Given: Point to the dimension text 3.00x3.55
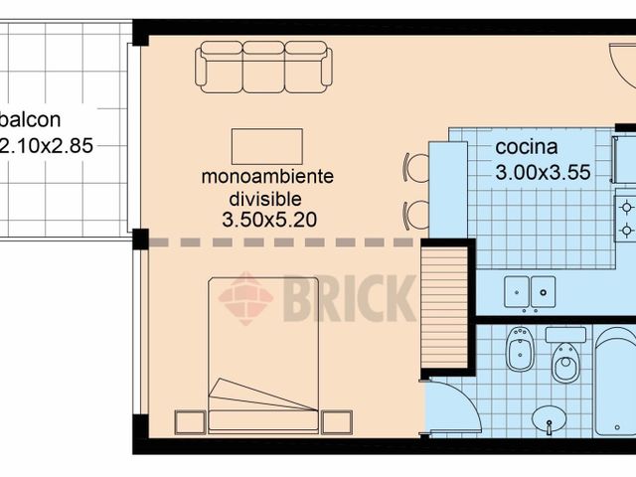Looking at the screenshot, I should click(543, 172).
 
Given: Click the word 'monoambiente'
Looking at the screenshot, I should click(267, 178).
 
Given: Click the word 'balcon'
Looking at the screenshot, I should click(32, 120).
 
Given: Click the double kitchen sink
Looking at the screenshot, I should click(531, 291).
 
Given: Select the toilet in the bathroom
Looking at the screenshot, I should click(566, 362).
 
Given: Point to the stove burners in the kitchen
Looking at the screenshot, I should click(626, 219).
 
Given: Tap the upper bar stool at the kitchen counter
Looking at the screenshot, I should click(415, 168).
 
